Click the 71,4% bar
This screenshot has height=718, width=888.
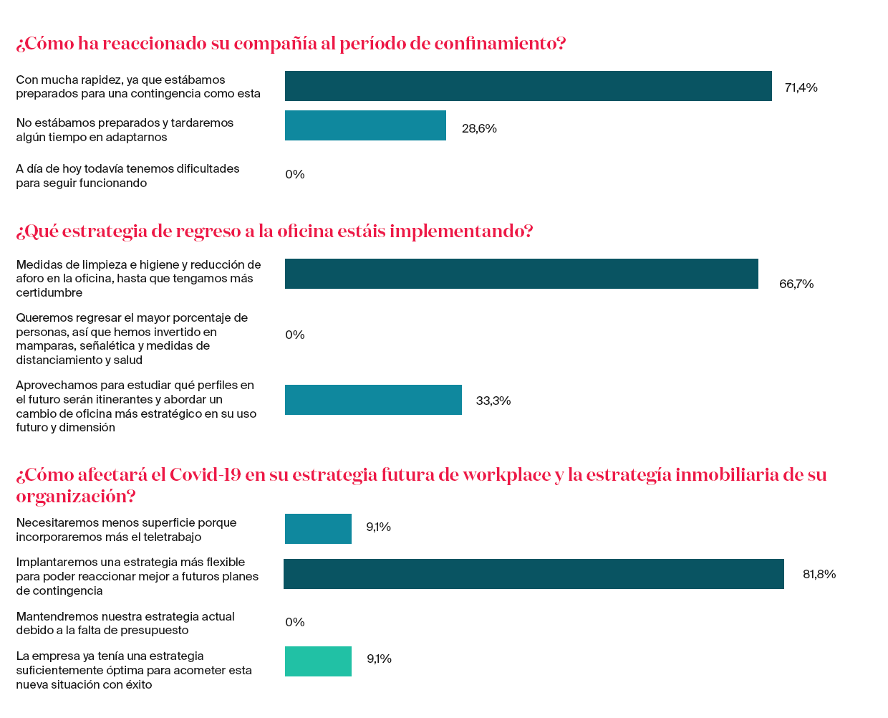point(528,86)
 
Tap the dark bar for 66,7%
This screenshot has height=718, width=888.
point(521,274)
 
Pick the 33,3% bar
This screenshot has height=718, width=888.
point(373,400)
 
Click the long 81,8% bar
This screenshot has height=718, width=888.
point(534,574)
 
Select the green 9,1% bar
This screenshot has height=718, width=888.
point(318,661)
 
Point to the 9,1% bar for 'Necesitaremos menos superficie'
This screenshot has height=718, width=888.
point(318,529)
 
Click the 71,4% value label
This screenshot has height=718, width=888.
point(801,87)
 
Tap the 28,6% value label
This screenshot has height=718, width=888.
point(479,128)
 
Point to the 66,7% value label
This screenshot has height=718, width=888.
point(796,284)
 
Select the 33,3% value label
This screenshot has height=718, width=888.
point(493,401)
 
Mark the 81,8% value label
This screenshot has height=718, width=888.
point(819,574)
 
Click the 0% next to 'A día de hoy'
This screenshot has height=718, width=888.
point(295,174)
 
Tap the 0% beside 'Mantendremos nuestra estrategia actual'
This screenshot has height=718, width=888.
point(295,622)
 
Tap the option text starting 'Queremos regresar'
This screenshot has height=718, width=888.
point(132,338)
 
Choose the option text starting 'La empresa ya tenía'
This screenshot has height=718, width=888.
point(134,670)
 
